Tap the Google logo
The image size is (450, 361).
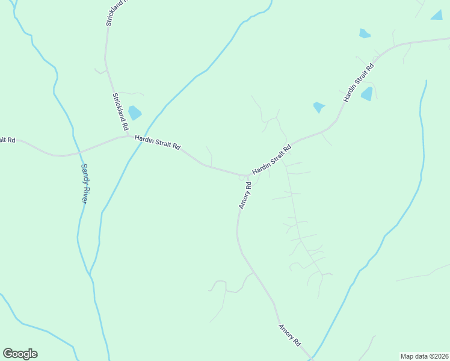click(x=20, y=354)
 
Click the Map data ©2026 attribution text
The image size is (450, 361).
click(x=424, y=356)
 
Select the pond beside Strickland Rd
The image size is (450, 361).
click(x=135, y=113)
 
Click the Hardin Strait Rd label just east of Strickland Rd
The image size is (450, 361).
click(x=158, y=142)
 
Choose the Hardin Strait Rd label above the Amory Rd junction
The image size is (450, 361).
click(x=272, y=159)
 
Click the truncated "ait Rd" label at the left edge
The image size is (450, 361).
click(x=7, y=140)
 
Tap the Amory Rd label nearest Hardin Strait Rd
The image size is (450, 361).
click(x=244, y=196)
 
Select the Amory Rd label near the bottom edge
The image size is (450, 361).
click(x=289, y=335)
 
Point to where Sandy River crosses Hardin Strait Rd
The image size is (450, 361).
click(x=76, y=153)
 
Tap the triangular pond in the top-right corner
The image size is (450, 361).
click(x=437, y=15)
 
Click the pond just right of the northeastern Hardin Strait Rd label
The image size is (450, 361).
click(x=367, y=94)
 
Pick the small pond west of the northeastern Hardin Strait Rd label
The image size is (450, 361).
click(x=319, y=108)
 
